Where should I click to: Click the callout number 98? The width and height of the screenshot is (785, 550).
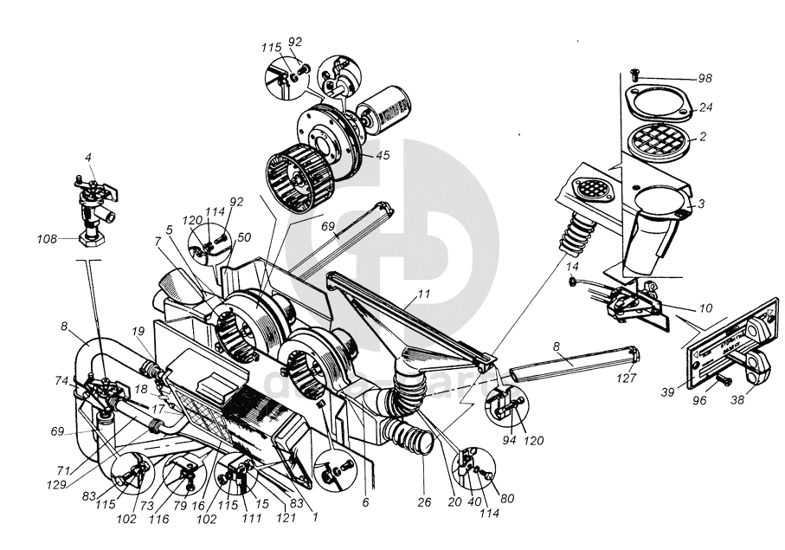pos(705,79)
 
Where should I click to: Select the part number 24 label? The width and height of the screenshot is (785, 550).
pos(705,109)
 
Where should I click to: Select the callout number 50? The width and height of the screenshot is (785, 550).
pos(244,236)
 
